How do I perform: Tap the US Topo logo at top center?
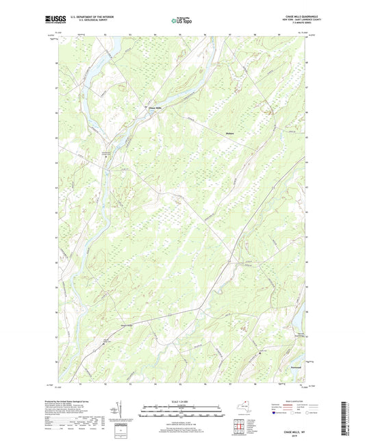[182, 21]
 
